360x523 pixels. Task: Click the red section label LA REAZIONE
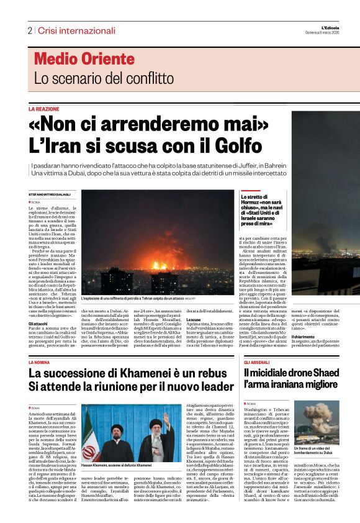click(43, 109)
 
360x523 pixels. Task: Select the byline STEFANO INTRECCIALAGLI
click(51, 195)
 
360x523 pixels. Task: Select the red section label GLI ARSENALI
click(256, 362)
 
